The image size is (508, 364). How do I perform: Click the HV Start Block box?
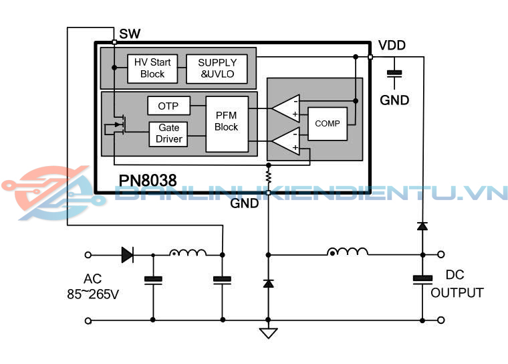(152, 68)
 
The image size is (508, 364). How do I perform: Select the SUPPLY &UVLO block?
(217, 68)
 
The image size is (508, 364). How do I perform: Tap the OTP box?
(168, 106)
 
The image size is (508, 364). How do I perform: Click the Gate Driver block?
(169, 133)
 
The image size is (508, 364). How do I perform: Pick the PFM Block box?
(227, 121)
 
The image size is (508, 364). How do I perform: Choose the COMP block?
(328, 123)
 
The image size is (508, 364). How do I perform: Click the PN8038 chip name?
(148, 181)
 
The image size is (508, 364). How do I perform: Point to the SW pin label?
(130, 33)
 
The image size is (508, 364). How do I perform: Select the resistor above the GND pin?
(268, 176)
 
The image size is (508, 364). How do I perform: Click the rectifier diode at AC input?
(127, 254)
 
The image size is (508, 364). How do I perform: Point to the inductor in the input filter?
(187, 253)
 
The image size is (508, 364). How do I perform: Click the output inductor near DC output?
(348, 252)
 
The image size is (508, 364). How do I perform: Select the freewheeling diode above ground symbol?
(268, 283)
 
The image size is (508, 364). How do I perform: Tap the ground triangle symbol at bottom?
(268, 333)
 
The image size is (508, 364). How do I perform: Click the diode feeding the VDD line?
(422, 226)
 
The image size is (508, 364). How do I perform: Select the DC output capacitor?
(422, 279)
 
